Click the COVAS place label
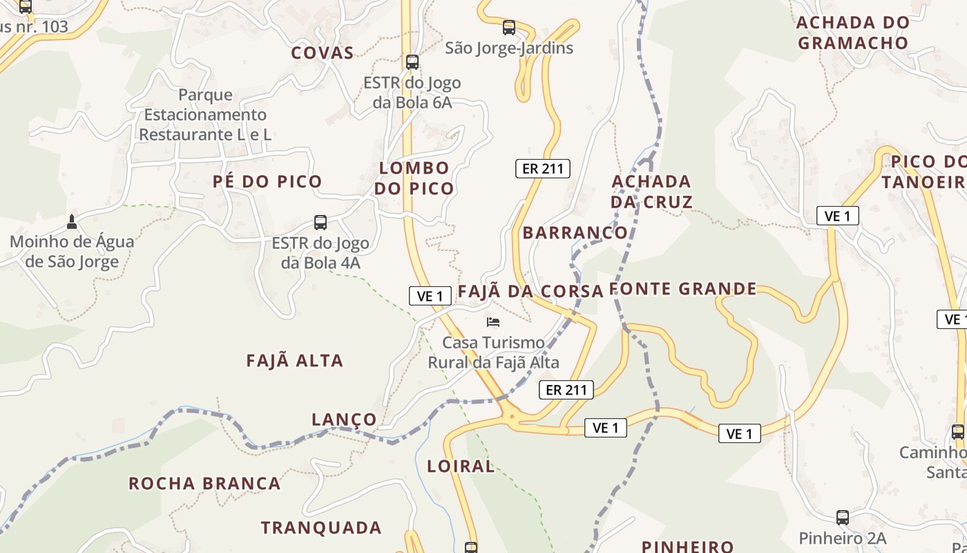pyautogui.click(x=322, y=53)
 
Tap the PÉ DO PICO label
pyautogui.click(x=267, y=182)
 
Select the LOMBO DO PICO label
pyautogui.click(x=414, y=178)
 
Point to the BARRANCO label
pyautogui.click(x=575, y=232)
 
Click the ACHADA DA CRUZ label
pyautogui.click(x=651, y=191)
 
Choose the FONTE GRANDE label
pyautogui.click(x=683, y=289)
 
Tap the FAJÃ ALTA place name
pyautogui.click(x=295, y=360)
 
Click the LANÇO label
pyautogui.click(x=344, y=420)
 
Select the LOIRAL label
pyautogui.click(x=461, y=466)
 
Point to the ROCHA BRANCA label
pyautogui.click(x=204, y=483)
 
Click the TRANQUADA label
pyautogui.click(x=321, y=527)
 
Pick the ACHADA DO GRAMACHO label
pyautogui.click(x=853, y=32)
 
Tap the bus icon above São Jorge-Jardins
pyautogui.click(x=509, y=28)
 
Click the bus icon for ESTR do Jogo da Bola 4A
pyautogui.click(x=320, y=223)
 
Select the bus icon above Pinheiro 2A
pyautogui.click(x=843, y=518)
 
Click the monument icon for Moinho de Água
pyautogui.click(x=71, y=222)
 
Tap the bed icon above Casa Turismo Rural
pyautogui.click(x=493, y=321)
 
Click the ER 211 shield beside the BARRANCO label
pyautogui.click(x=543, y=168)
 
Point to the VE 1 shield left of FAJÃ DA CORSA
pyautogui.click(x=430, y=296)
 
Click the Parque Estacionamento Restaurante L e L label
pyautogui.click(x=205, y=114)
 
